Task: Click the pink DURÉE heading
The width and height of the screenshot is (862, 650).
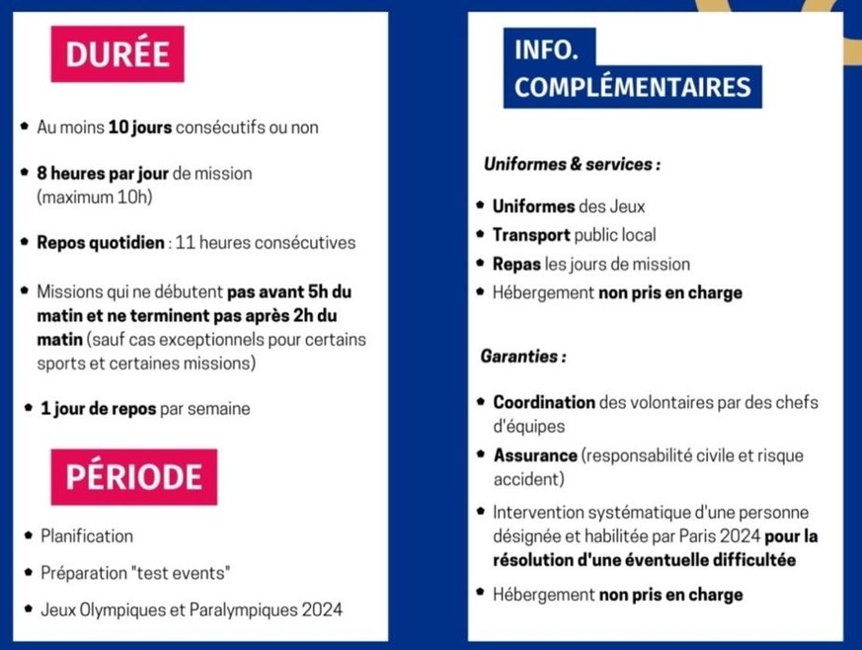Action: click(118, 53)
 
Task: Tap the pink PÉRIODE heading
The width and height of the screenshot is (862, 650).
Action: click(133, 477)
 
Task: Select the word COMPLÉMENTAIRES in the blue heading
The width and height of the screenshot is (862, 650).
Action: click(632, 87)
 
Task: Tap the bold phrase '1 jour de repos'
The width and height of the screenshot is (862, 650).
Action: click(98, 409)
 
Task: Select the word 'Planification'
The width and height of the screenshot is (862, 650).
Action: click(87, 536)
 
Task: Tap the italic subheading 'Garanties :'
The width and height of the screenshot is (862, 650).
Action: click(523, 356)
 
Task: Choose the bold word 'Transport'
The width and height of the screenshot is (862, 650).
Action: click(531, 236)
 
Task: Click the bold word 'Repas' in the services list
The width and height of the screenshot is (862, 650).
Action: click(514, 265)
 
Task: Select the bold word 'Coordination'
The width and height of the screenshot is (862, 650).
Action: click(544, 403)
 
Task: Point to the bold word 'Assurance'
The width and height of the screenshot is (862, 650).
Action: click(535, 456)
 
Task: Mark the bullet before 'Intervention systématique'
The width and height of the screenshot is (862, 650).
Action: click(480, 512)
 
